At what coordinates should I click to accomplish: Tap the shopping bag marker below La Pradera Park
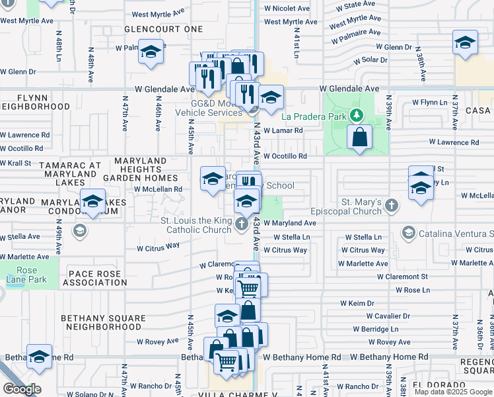[359, 138]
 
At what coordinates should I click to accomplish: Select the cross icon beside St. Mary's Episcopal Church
[392, 204]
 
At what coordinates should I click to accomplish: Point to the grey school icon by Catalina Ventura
[408, 234]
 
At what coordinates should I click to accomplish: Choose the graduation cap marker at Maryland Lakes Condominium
[92, 201]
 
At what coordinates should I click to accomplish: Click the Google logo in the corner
[22, 389]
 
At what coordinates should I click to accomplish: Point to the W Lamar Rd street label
[283, 131]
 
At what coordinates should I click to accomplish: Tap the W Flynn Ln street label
[430, 103]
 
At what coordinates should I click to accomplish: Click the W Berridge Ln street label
[375, 329]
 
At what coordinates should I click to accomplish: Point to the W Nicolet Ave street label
[286, 9]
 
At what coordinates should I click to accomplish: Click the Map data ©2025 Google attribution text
[453, 392]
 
